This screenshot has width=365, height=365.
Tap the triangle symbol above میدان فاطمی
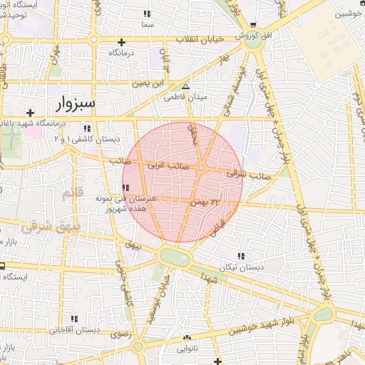(x=186, y=87)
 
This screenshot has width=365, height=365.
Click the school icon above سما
(x=147, y=14)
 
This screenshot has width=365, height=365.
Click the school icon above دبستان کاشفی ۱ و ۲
(x=88, y=128)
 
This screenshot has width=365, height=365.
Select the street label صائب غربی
(x=165, y=165)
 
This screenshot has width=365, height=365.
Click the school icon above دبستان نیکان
(x=240, y=256)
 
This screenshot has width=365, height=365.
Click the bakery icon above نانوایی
(x=187, y=338)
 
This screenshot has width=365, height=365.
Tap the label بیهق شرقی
(x=42, y=230)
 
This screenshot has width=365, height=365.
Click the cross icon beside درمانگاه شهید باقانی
(x=30, y=113)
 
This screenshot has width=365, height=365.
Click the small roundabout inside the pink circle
(x=202, y=168)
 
